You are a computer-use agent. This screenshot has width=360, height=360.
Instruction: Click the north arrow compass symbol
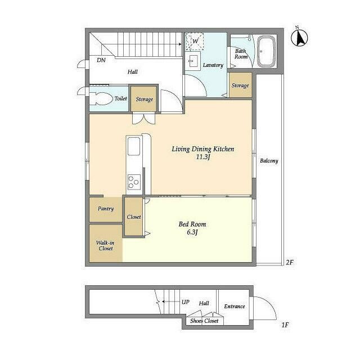(x=300, y=37)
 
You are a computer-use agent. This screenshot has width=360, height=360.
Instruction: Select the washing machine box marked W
(x=195, y=42)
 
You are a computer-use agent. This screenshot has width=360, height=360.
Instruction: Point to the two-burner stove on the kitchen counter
(x=134, y=182)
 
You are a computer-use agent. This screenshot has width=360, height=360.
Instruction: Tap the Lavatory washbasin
(x=195, y=60)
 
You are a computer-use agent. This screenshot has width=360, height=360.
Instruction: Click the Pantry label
(x=106, y=209)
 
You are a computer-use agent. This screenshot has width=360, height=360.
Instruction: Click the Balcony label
(x=269, y=161)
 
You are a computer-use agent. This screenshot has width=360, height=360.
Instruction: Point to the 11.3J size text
(x=202, y=157)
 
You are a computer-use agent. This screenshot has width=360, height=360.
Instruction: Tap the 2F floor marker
(x=290, y=262)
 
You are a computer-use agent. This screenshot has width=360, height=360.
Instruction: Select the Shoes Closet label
(x=204, y=321)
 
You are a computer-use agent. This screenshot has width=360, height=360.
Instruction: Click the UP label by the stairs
(x=185, y=302)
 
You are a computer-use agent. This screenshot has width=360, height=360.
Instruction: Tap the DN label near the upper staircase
(x=101, y=60)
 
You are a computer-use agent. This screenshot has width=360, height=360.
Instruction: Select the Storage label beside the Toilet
(x=144, y=100)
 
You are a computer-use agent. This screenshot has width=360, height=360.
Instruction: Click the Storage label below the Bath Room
(x=240, y=85)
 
